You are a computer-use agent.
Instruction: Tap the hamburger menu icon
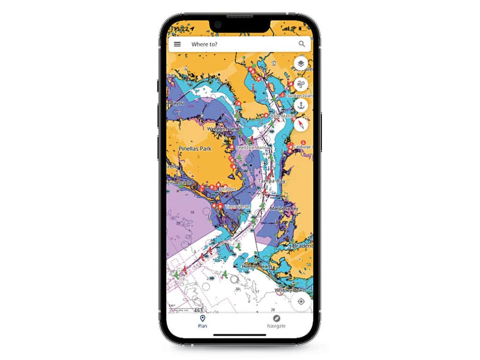177,45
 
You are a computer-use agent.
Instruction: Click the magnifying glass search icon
302,44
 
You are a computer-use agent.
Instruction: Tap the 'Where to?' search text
204,45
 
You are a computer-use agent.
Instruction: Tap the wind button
301,85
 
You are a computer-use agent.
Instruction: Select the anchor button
301,105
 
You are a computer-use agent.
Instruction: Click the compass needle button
301,125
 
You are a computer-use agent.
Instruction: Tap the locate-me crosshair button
301,301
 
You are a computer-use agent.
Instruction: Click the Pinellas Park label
195,149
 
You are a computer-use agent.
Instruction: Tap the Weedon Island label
223,128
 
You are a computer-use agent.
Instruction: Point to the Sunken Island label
300,95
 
